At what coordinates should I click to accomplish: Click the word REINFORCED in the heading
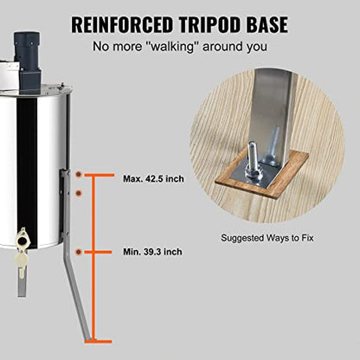pyautogui.click(x=122, y=24)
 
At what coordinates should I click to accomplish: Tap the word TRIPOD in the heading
pyautogui.click(x=209, y=24)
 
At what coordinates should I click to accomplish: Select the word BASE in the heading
pyautogui.click(x=267, y=24)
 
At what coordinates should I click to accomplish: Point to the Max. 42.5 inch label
pyautogui.click(x=153, y=179)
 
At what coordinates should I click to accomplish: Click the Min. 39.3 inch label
pyautogui.click(x=152, y=252)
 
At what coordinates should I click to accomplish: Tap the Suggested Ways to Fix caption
pyautogui.click(x=267, y=238)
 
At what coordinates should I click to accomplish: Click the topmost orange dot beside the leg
pyautogui.click(x=79, y=175)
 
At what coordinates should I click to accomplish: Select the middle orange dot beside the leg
pyautogui.click(x=79, y=193)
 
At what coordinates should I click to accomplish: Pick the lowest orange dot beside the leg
pyautogui.click(x=79, y=252)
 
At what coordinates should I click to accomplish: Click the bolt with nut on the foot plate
pyautogui.click(x=252, y=162)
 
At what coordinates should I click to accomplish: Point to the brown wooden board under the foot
pyautogui.click(x=262, y=174)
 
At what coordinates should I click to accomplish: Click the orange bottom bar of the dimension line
pyautogui.click(x=98, y=342)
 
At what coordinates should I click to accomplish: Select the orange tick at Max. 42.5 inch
pyautogui.click(x=98, y=175)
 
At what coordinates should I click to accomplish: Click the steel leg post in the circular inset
pyautogui.click(x=271, y=115)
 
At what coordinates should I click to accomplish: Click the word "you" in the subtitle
pyautogui.click(x=257, y=47)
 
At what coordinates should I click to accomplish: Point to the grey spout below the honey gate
pyautogui.click(x=22, y=282)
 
